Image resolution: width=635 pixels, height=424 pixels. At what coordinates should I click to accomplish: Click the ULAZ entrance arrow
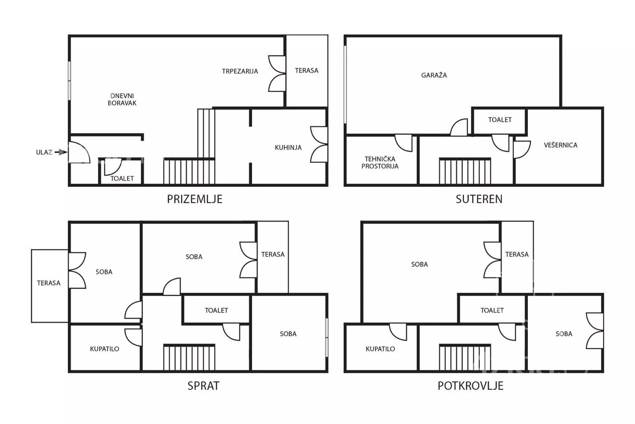tap(61, 152)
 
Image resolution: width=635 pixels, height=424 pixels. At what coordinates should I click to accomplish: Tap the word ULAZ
tap(44, 152)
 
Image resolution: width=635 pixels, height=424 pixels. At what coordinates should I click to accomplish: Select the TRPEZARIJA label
tap(240, 71)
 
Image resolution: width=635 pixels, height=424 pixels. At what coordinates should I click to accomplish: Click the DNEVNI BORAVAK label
tap(122, 99)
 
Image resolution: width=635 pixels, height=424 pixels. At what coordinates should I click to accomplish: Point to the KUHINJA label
tap(288, 147)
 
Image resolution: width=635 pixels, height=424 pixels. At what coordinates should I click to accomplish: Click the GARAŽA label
tap(434, 75)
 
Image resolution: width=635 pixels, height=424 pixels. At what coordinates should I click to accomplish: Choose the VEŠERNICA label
tap(561, 145)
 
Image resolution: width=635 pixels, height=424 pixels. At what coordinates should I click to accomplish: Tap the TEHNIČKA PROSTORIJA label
tap(380, 163)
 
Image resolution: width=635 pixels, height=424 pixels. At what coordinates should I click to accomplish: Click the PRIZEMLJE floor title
tap(194, 199)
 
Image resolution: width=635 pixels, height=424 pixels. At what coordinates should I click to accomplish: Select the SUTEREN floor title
tap(479, 199)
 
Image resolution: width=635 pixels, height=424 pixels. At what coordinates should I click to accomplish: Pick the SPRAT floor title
tap(203, 386)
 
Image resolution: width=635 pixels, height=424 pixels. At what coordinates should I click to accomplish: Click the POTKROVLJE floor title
tap(471, 386)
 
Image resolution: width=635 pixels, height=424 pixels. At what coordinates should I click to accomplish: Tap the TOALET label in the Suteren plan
tap(500, 120)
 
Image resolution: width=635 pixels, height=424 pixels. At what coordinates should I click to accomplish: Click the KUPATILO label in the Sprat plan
tap(105, 349)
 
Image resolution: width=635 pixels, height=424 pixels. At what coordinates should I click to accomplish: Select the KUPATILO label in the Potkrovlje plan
tap(380, 349)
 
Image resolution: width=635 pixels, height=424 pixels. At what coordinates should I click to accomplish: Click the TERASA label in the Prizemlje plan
tap(307, 71)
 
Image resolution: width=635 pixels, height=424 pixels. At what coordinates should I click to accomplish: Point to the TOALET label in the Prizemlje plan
tap(122, 179)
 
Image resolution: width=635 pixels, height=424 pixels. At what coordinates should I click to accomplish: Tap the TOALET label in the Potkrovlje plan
tap(492, 310)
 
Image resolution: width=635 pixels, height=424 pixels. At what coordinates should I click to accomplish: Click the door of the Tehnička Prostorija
tap(403, 143)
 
